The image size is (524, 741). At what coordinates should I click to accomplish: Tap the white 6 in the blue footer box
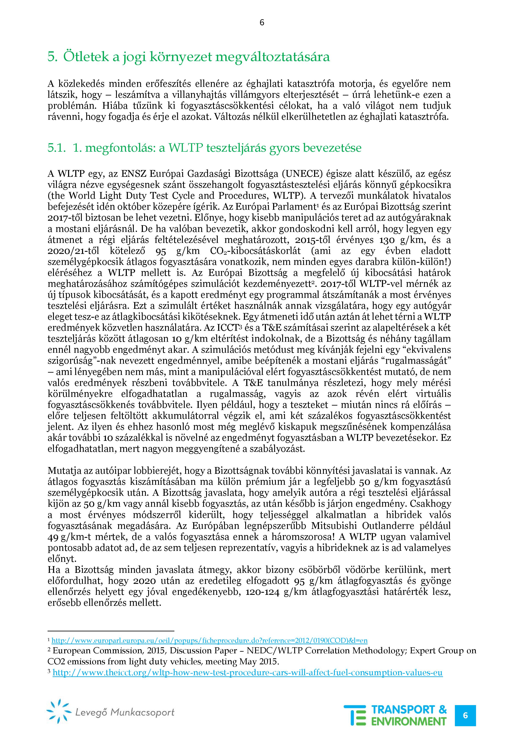[x=465, y=715]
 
